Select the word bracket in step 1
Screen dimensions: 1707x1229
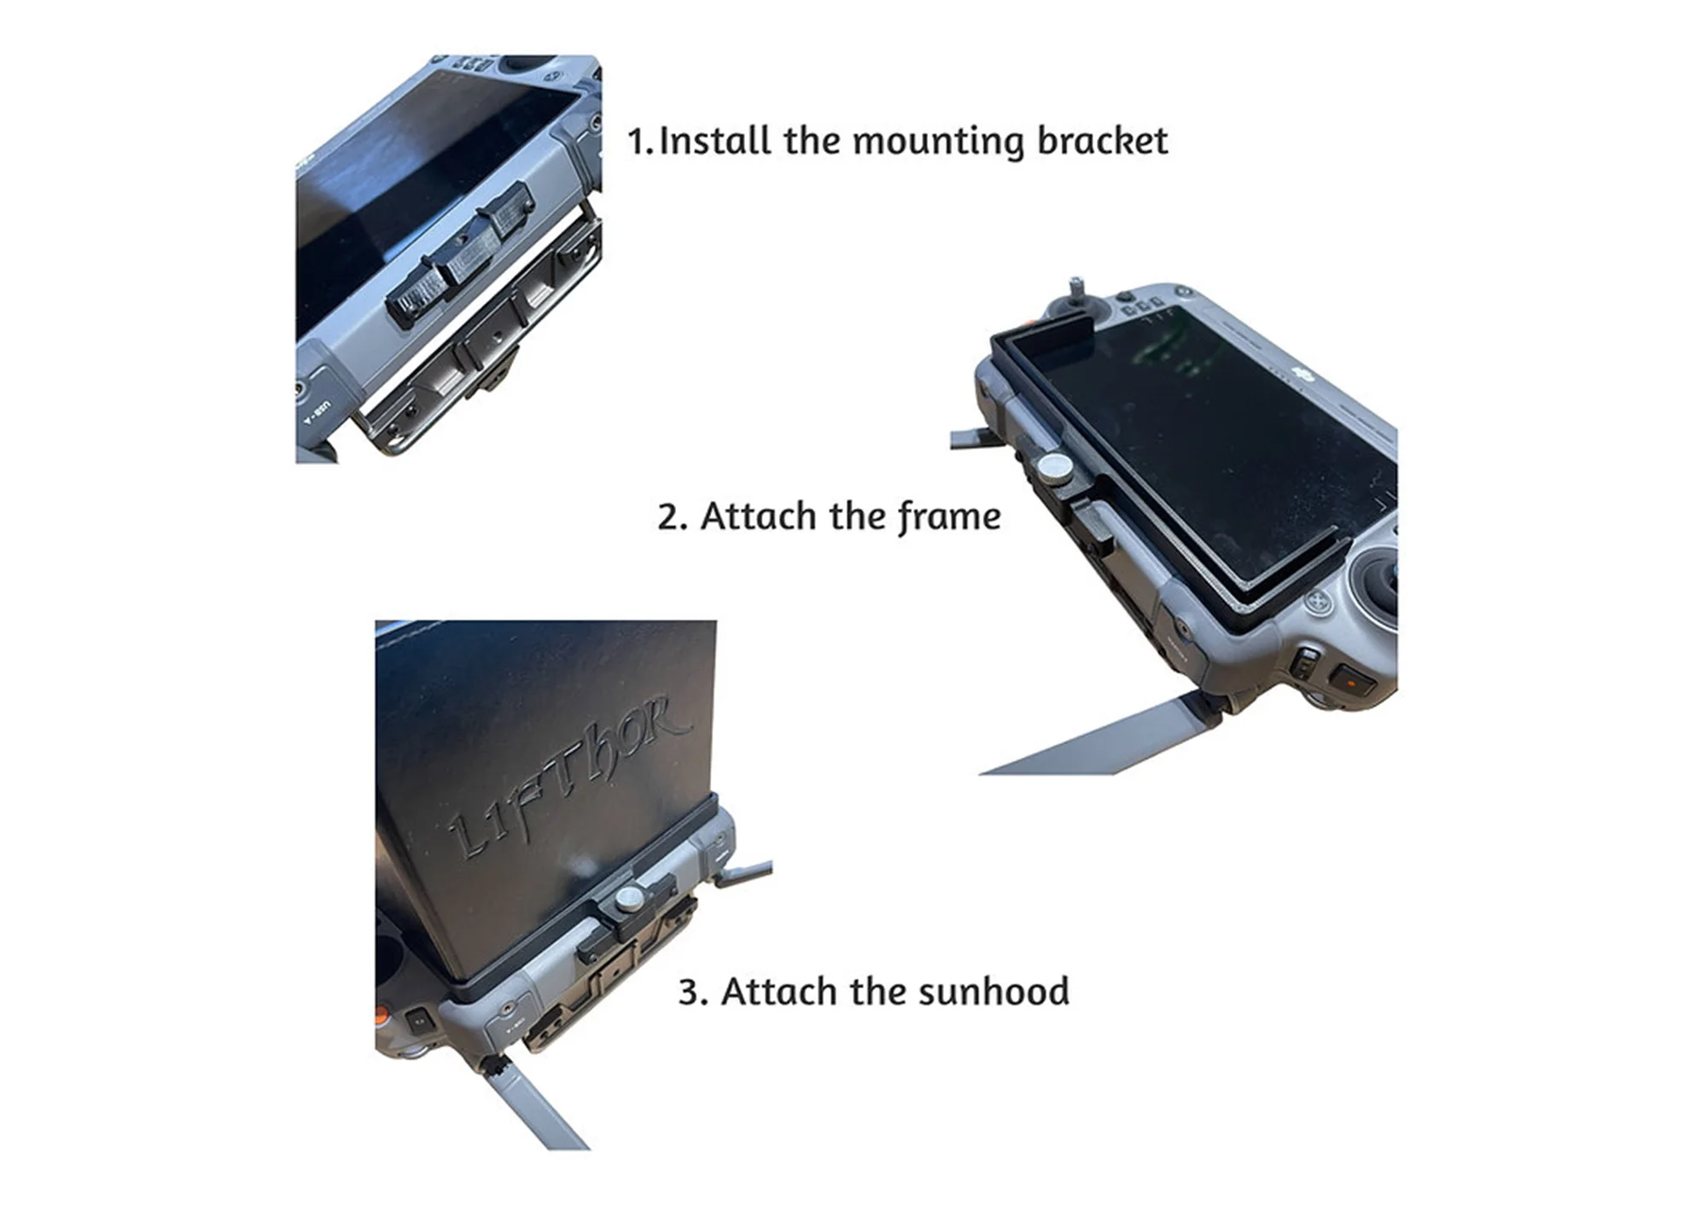click(1102, 141)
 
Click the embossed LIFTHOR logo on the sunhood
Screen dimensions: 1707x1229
click(568, 777)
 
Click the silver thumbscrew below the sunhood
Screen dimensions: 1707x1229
click(630, 899)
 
